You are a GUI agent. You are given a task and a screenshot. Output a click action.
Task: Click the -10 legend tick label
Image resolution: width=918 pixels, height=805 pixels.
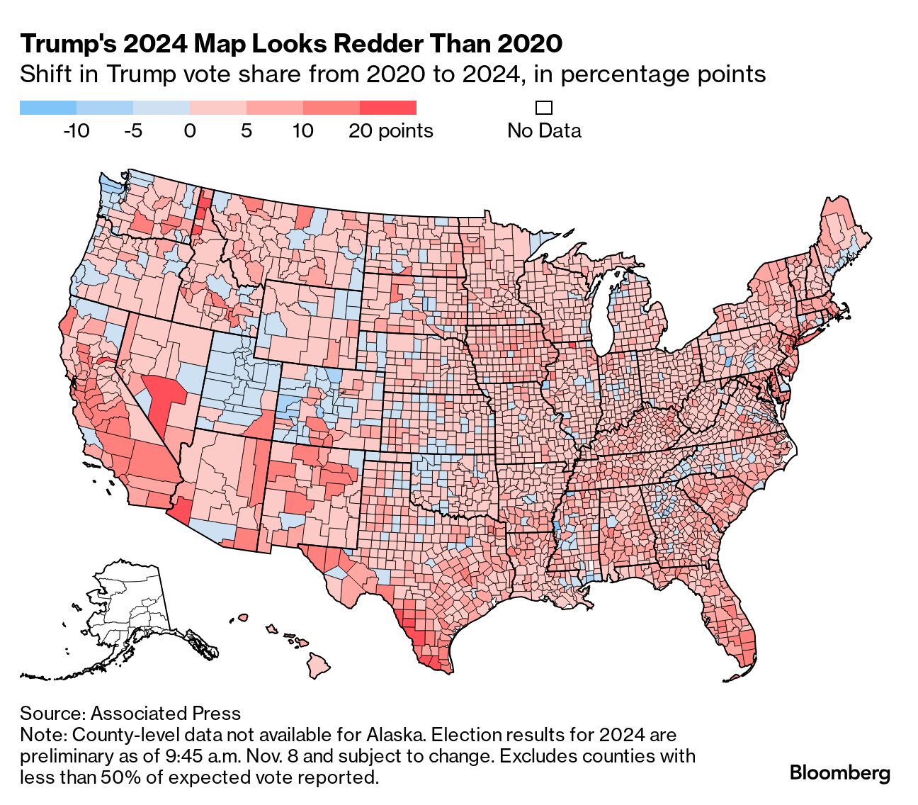(x=76, y=131)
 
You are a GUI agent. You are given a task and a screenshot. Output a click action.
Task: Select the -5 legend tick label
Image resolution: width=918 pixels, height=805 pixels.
(x=132, y=131)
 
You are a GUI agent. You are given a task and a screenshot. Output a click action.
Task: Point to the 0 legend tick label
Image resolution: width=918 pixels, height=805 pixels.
(x=190, y=131)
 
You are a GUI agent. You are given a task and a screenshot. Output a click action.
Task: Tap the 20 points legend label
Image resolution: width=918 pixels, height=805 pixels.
(x=390, y=131)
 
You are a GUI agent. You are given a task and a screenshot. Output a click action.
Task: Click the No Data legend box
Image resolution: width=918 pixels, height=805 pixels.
(x=544, y=108)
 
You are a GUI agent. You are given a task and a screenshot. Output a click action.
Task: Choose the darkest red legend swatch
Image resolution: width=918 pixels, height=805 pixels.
(x=387, y=108)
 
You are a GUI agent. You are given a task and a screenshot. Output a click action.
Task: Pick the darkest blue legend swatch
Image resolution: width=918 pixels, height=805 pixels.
(x=47, y=108)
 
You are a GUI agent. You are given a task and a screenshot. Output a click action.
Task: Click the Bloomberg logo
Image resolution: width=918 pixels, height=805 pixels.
(x=839, y=772)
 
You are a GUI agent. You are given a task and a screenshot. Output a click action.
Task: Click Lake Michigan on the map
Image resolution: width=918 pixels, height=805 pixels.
(x=604, y=312)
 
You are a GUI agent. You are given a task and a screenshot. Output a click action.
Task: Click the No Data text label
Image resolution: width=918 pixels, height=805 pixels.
(x=544, y=131)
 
